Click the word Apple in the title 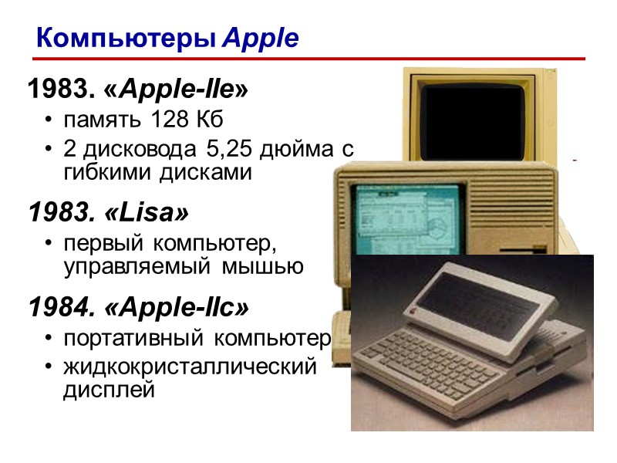(x=260, y=38)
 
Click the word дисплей (x=109, y=390)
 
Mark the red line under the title (x=308, y=59)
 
